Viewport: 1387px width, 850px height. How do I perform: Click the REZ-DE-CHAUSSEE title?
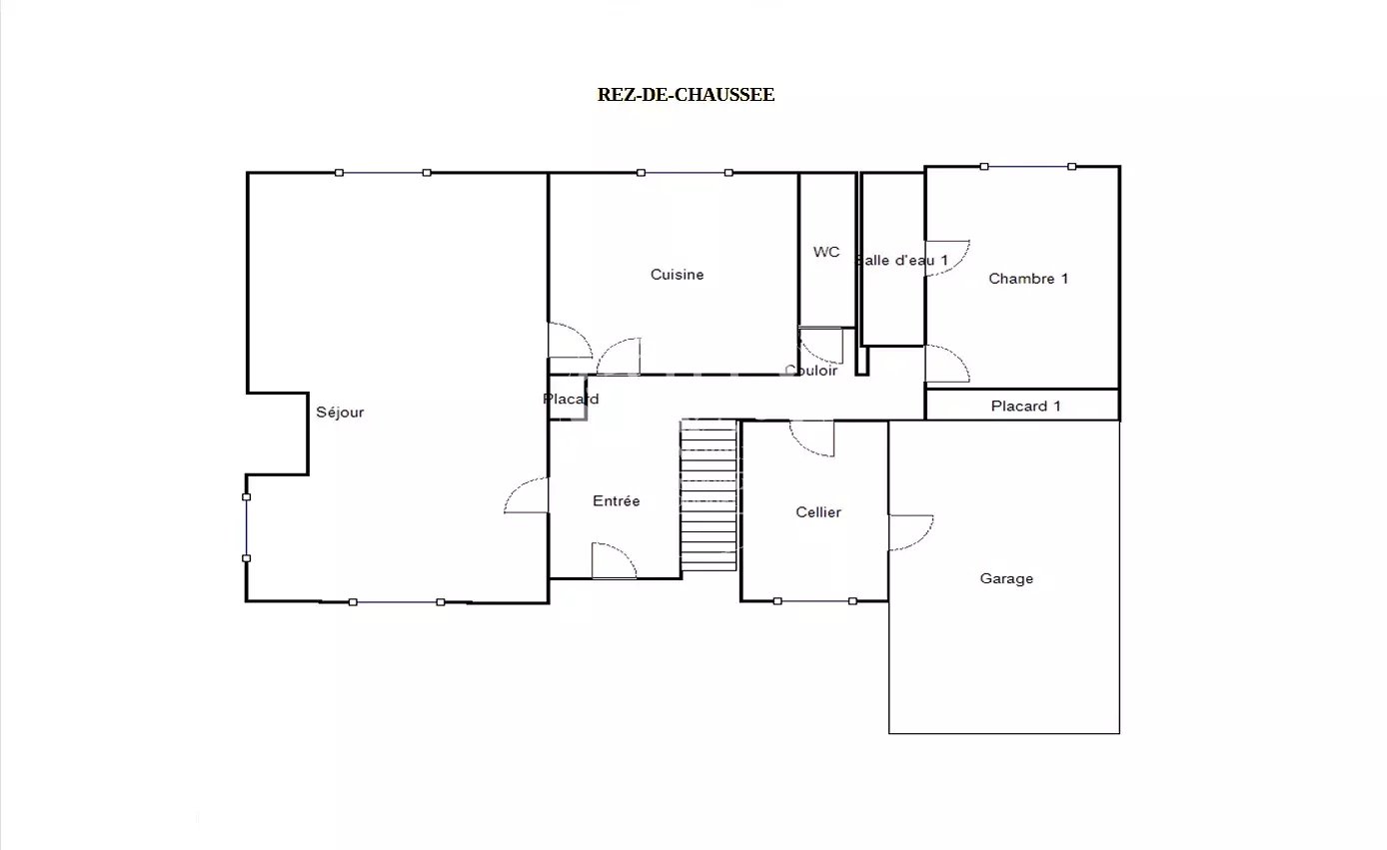pos(686,95)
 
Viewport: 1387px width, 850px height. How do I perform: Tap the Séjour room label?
pos(340,413)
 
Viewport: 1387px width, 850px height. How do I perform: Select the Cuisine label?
pos(677,275)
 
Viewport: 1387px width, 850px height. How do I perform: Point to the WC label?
pos(826,252)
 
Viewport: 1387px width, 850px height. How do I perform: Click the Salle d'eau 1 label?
pos(901,260)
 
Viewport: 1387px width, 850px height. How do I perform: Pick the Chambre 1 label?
pos(1028,279)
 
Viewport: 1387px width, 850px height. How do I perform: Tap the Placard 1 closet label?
pos(1025,407)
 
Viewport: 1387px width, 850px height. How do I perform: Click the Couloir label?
pos(810,371)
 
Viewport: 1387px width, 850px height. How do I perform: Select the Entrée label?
pos(617,500)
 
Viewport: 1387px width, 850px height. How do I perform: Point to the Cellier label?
pos(818,512)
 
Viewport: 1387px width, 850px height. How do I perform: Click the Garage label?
pos(1006,578)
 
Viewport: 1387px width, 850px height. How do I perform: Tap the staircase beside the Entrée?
pos(708,495)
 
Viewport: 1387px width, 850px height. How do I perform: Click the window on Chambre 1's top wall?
pos(1028,166)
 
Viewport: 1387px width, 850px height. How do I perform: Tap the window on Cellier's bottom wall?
pos(814,601)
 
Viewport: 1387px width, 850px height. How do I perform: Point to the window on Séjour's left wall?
pos(247,527)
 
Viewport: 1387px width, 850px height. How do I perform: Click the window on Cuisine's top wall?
pos(685,173)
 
